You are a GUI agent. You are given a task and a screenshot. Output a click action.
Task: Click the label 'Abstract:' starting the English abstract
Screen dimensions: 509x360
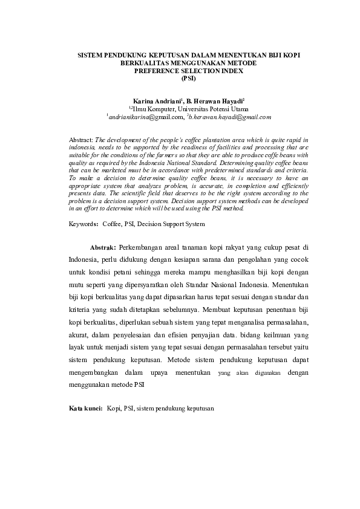[x=82, y=139]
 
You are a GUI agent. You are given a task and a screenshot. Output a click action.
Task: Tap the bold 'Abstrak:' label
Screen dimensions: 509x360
[x=103, y=248]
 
